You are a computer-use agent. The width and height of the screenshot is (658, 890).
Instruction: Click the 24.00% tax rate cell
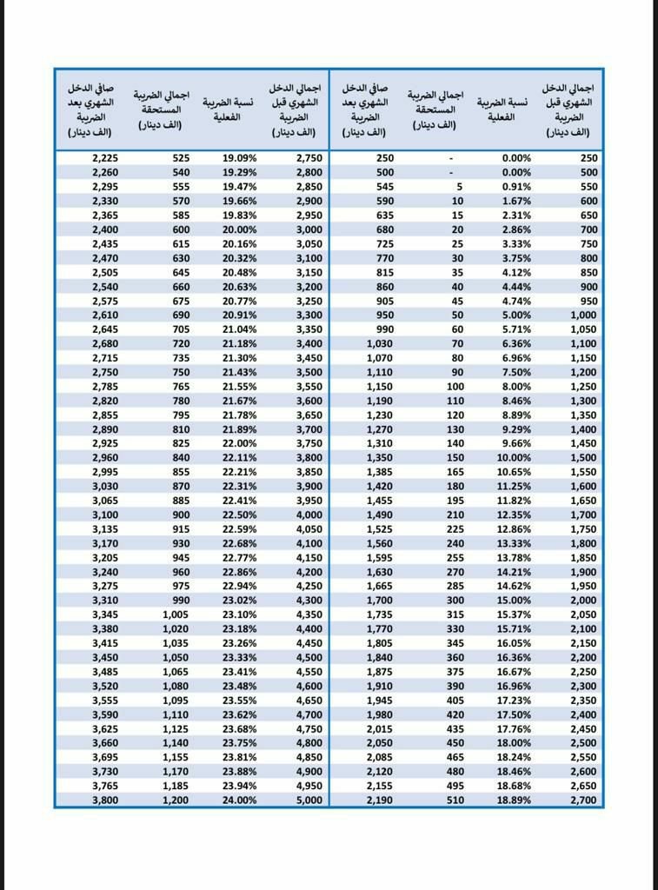click(x=239, y=800)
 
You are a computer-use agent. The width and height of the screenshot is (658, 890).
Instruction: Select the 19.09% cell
click(x=239, y=158)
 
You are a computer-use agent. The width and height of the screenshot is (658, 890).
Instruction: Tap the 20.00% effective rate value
click(x=239, y=229)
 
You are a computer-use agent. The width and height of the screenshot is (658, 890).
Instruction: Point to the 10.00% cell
click(x=513, y=457)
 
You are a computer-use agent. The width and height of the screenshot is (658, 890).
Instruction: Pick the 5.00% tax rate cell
click(x=515, y=315)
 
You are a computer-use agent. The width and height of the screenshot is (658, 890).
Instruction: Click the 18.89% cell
click(x=513, y=800)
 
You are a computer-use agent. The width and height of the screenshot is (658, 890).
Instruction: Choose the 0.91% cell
click(x=515, y=187)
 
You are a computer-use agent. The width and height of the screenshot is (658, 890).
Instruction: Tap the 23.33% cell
click(x=239, y=657)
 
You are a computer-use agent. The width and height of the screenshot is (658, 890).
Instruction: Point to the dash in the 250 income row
click(x=450, y=158)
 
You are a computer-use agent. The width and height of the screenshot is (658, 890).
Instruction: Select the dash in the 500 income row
click(x=450, y=172)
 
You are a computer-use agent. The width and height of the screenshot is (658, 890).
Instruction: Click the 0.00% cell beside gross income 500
click(x=515, y=172)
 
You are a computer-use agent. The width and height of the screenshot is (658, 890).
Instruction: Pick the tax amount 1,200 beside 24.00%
click(x=175, y=800)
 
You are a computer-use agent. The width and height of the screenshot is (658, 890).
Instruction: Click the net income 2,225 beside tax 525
click(x=103, y=158)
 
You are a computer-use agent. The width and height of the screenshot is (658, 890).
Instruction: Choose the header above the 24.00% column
click(x=228, y=109)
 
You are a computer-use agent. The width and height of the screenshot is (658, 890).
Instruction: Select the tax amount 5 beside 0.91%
click(x=460, y=187)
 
